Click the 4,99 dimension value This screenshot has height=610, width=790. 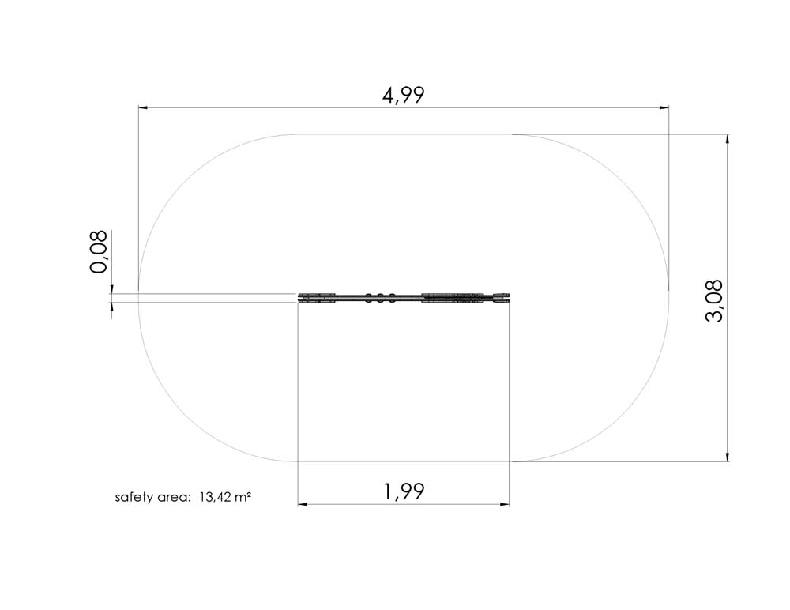pos(404,96)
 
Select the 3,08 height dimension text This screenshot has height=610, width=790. pos(715,300)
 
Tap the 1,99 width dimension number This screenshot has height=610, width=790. pos(404,491)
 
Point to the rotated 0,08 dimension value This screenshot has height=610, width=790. pos(98,251)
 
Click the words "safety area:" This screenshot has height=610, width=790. pos(152,498)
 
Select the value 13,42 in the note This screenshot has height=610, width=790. pos(215,498)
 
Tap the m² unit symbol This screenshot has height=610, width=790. pos(243,497)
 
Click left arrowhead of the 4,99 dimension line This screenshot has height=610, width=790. pos(143,107)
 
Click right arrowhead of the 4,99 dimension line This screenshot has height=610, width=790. pos(664,107)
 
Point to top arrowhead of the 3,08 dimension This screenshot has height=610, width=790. pos(727,139)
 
